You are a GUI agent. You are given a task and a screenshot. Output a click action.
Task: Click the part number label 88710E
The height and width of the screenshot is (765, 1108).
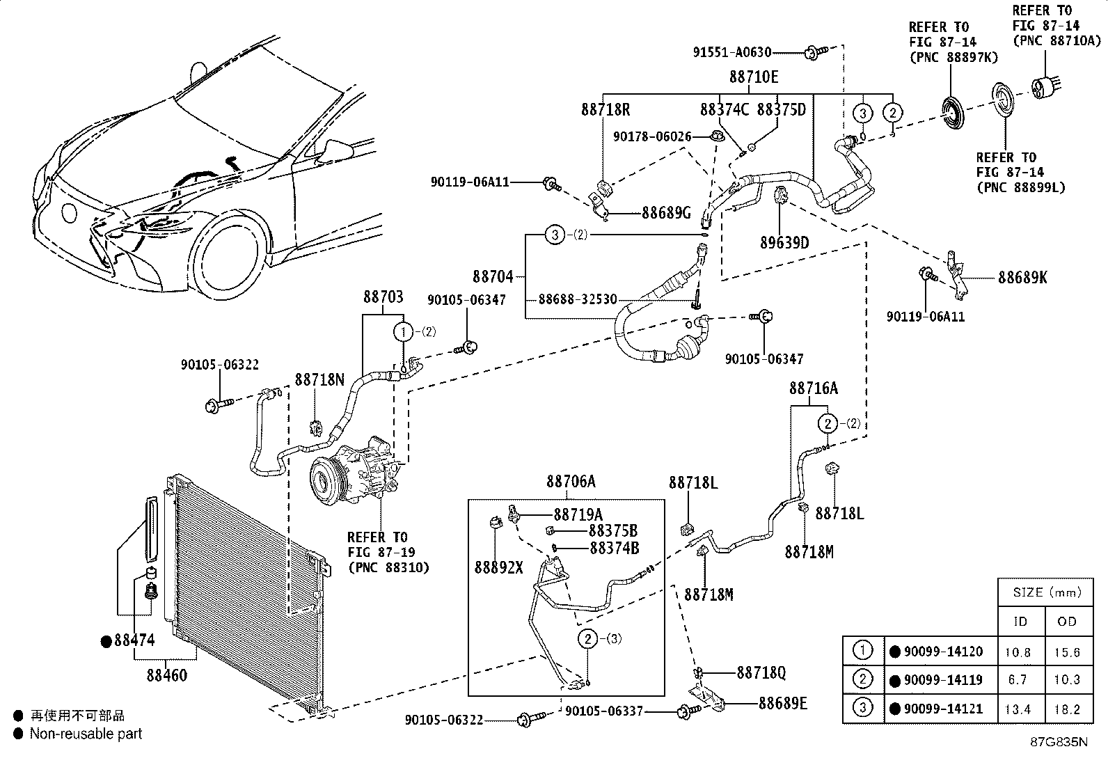click(x=753, y=77)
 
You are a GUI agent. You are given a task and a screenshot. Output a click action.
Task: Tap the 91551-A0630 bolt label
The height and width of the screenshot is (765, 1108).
click(x=732, y=52)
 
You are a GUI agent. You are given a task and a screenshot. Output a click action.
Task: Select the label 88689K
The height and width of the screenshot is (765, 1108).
click(x=1022, y=278)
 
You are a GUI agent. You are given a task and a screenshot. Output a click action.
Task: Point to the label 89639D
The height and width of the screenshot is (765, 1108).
click(x=784, y=242)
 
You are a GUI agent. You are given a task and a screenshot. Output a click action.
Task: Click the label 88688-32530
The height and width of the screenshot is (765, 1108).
click(x=578, y=299)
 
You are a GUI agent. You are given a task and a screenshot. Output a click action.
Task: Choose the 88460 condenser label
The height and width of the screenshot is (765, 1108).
click(x=167, y=675)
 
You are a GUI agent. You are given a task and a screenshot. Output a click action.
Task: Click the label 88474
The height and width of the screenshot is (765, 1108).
click(x=134, y=640)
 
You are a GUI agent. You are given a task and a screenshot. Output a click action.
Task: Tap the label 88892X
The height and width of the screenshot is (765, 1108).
click(x=498, y=567)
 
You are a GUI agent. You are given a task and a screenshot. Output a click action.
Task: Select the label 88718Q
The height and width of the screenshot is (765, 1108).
click(x=761, y=672)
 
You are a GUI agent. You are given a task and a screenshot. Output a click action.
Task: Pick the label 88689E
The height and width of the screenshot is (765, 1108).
click(x=783, y=703)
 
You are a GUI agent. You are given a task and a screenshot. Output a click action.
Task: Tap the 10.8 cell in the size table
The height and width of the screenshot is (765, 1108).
click(x=1018, y=653)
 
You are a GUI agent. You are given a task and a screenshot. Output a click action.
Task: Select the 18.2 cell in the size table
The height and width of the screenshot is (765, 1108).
click(x=1067, y=709)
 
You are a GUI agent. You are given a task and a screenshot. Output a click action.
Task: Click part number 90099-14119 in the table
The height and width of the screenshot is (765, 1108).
click(x=943, y=680)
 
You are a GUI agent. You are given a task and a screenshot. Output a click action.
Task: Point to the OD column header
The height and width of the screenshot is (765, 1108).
click(x=1067, y=622)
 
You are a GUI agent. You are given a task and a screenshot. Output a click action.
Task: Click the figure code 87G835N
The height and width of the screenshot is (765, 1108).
click(x=1059, y=742)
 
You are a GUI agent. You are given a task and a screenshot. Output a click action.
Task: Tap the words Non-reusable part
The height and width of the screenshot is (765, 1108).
click(x=86, y=734)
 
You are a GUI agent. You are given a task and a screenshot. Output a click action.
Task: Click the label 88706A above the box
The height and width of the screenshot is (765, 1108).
click(x=571, y=481)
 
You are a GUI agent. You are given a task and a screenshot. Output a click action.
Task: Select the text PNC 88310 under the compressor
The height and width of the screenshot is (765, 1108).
click(x=389, y=567)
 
